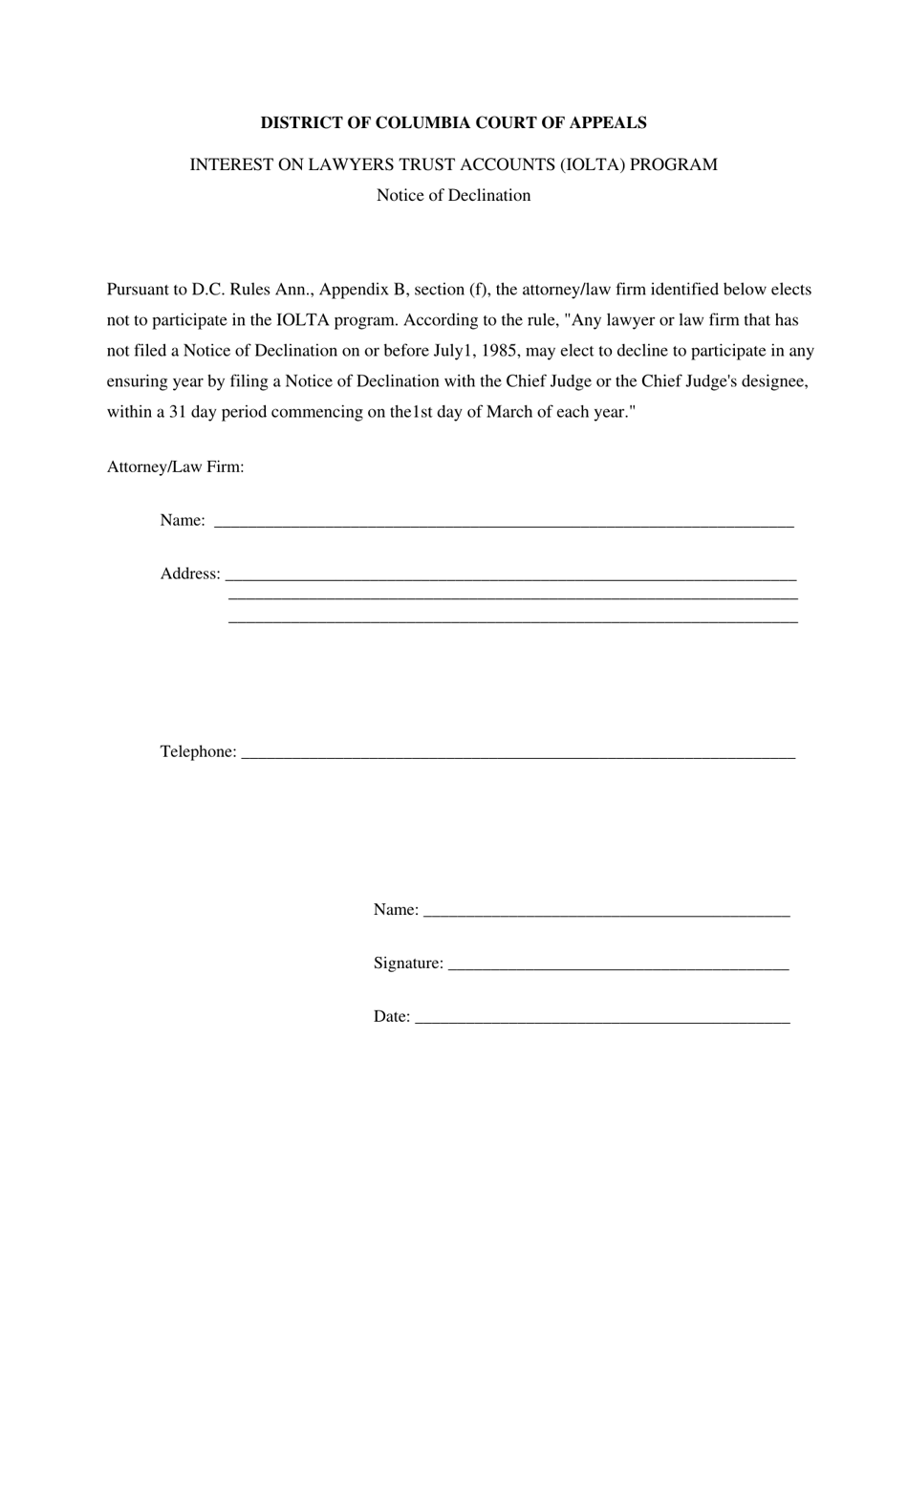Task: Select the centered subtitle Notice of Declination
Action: [x=453, y=195]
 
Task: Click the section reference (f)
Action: [x=477, y=290]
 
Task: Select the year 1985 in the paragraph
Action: [x=500, y=351]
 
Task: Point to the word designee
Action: [x=772, y=381]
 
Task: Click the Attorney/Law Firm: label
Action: [x=175, y=467]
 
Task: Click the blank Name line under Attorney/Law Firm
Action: [x=504, y=523]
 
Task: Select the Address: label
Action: [x=190, y=574]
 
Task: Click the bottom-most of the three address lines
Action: [x=513, y=621]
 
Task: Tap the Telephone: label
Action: [x=198, y=751]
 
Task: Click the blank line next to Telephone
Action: [x=518, y=755]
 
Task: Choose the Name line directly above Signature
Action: [x=606, y=913]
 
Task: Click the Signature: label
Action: [x=408, y=963]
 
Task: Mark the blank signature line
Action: [x=617, y=966]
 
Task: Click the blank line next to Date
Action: [x=603, y=1020]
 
